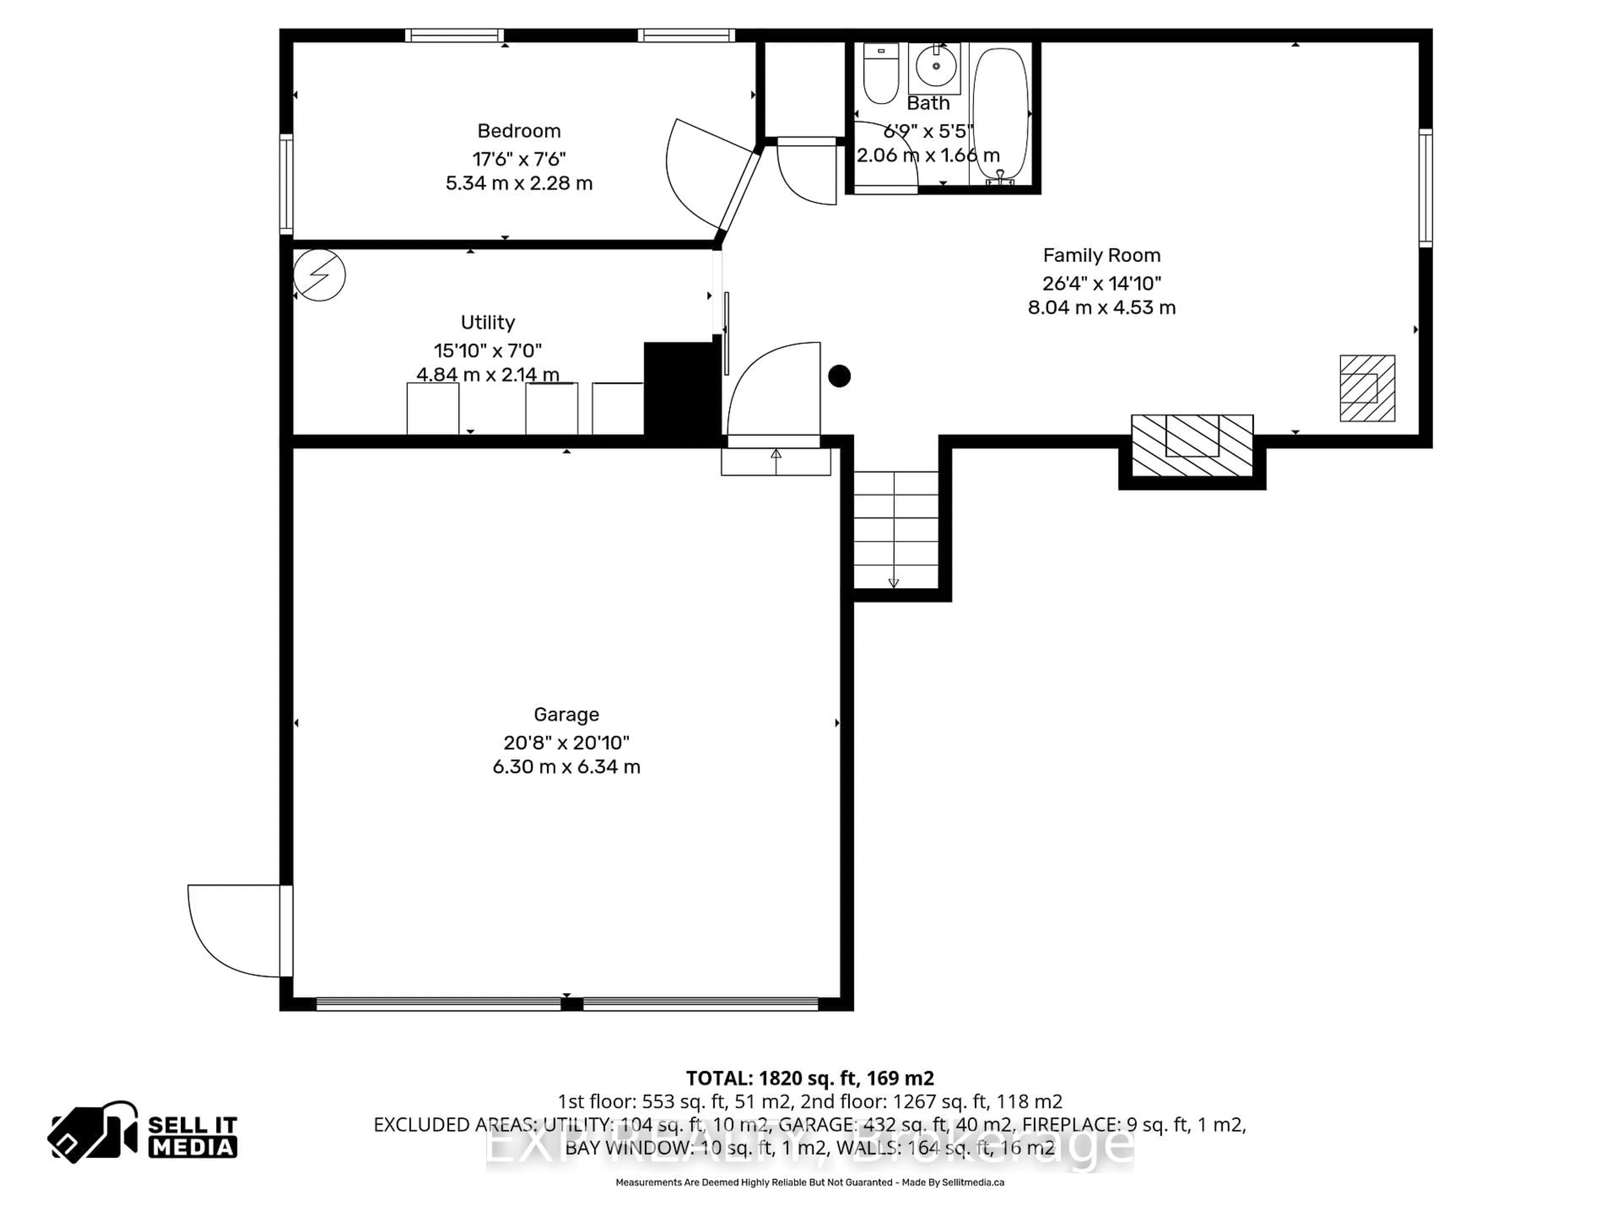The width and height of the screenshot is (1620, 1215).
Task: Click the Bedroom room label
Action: pos(518,131)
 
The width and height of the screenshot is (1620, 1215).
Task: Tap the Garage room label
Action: pos(566,714)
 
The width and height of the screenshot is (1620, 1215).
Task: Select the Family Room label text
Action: pos(1102,256)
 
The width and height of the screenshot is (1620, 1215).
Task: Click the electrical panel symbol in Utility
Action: pos(319,275)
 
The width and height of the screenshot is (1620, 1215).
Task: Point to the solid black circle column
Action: pos(839,376)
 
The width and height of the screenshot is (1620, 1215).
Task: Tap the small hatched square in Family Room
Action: pos(1366,388)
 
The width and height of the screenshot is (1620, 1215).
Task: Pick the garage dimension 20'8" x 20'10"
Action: pos(566,742)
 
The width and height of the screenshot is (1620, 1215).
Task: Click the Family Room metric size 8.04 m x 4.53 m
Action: pos(1102,308)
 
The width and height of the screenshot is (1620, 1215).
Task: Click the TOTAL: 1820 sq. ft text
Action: pos(809,1078)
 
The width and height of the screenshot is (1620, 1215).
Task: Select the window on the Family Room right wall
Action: pos(1425,187)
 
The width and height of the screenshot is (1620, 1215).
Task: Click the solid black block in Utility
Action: pos(681,390)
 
